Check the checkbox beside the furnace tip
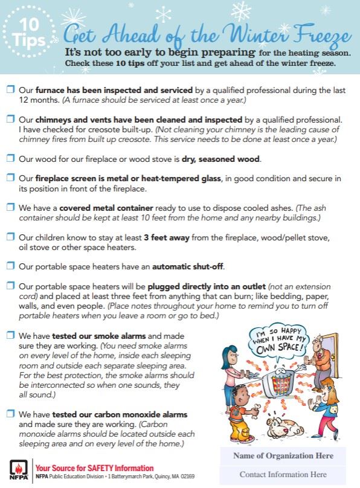click(x=10, y=90)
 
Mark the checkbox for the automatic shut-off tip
click(x=10, y=265)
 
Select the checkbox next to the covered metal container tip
click(x=10, y=207)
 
